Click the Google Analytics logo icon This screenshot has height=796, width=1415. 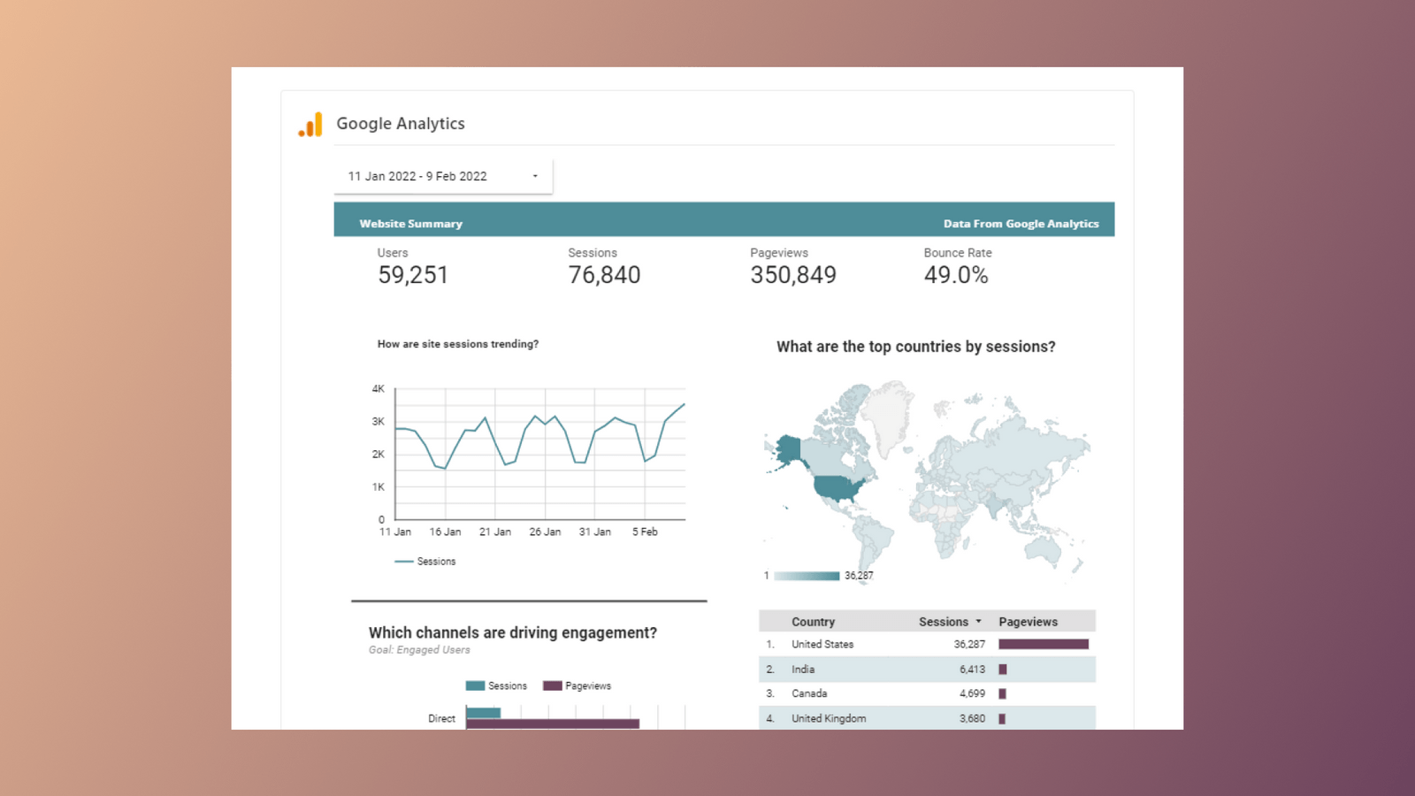point(310,125)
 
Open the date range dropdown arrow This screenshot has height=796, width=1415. point(535,176)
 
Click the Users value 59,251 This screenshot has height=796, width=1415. point(413,275)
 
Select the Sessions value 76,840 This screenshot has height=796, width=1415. point(604,275)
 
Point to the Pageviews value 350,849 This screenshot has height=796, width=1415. point(793,275)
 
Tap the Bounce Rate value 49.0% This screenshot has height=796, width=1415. point(956,275)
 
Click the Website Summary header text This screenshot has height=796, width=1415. point(410,224)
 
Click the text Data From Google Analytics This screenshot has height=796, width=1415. point(1021,224)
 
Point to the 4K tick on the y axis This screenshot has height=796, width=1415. point(379,388)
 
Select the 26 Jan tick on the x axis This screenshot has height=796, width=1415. point(545,532)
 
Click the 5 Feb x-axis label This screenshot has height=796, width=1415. point(645,532)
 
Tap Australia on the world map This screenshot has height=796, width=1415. point(1045,549)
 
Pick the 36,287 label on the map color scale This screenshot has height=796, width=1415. point(859,576)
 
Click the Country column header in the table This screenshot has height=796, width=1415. point(813,622)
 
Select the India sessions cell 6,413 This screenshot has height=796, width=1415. point(972,670)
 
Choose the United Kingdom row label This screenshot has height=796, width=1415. point(829,718)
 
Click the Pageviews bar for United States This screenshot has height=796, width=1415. point(1044,645)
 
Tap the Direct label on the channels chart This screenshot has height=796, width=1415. point(441,718)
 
